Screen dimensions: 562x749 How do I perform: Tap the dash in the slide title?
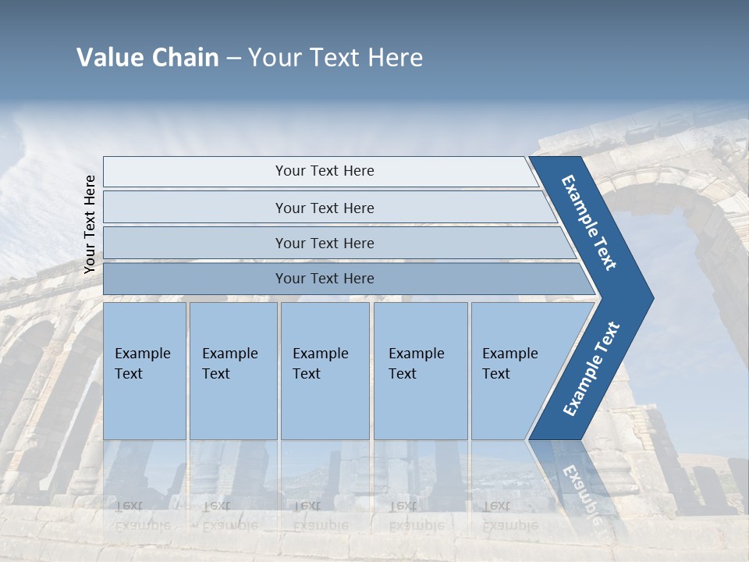233,59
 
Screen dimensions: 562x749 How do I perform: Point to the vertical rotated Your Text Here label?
90,224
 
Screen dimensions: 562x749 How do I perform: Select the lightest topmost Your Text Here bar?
324,171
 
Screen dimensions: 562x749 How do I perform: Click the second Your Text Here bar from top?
324,208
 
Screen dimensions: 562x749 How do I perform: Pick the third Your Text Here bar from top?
324,243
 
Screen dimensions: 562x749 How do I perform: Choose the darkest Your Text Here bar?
324,279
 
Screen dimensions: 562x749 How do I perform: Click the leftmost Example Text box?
144,371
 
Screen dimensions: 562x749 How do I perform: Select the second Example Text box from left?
233,371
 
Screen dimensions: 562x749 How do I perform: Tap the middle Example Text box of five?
325,371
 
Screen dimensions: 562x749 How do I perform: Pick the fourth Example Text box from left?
420,371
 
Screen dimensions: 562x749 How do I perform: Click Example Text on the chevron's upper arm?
589,222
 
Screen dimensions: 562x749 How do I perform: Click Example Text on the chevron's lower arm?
591,369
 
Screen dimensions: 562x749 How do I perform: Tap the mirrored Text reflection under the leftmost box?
129,505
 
